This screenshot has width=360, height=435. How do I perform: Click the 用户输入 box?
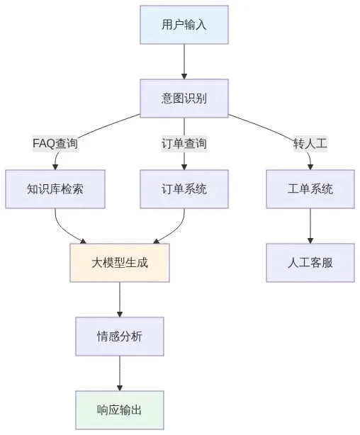tap(184, 25)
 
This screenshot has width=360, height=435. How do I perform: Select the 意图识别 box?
tap(184, 98)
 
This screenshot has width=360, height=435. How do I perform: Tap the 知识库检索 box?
tap(55, 189)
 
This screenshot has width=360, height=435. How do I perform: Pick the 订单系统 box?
tap(184, 189)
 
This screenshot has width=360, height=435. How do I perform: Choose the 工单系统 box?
tap(310, 189)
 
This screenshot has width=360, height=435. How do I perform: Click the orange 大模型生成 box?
tap(120, 263)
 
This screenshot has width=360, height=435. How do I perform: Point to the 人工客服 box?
tap(310, 263)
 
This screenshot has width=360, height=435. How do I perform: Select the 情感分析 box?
tap(120, 337)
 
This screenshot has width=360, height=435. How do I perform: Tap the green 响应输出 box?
tap(120, 410)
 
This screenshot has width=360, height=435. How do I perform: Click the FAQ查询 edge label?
tap(55, 143)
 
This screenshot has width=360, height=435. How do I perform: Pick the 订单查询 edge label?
tap(184, 143)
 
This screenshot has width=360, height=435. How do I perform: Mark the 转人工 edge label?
tap(310, 143)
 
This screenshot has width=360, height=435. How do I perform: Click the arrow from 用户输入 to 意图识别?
tap(184, 62)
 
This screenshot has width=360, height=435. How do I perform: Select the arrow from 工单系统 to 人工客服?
tap(310, 226)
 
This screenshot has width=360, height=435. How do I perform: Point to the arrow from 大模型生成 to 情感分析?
tap(120, 300)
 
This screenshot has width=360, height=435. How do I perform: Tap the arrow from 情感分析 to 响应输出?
tap(120, 373)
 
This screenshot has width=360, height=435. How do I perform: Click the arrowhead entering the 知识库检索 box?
tap(55, 166)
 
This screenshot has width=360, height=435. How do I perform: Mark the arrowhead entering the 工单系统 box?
tap(310, 166)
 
